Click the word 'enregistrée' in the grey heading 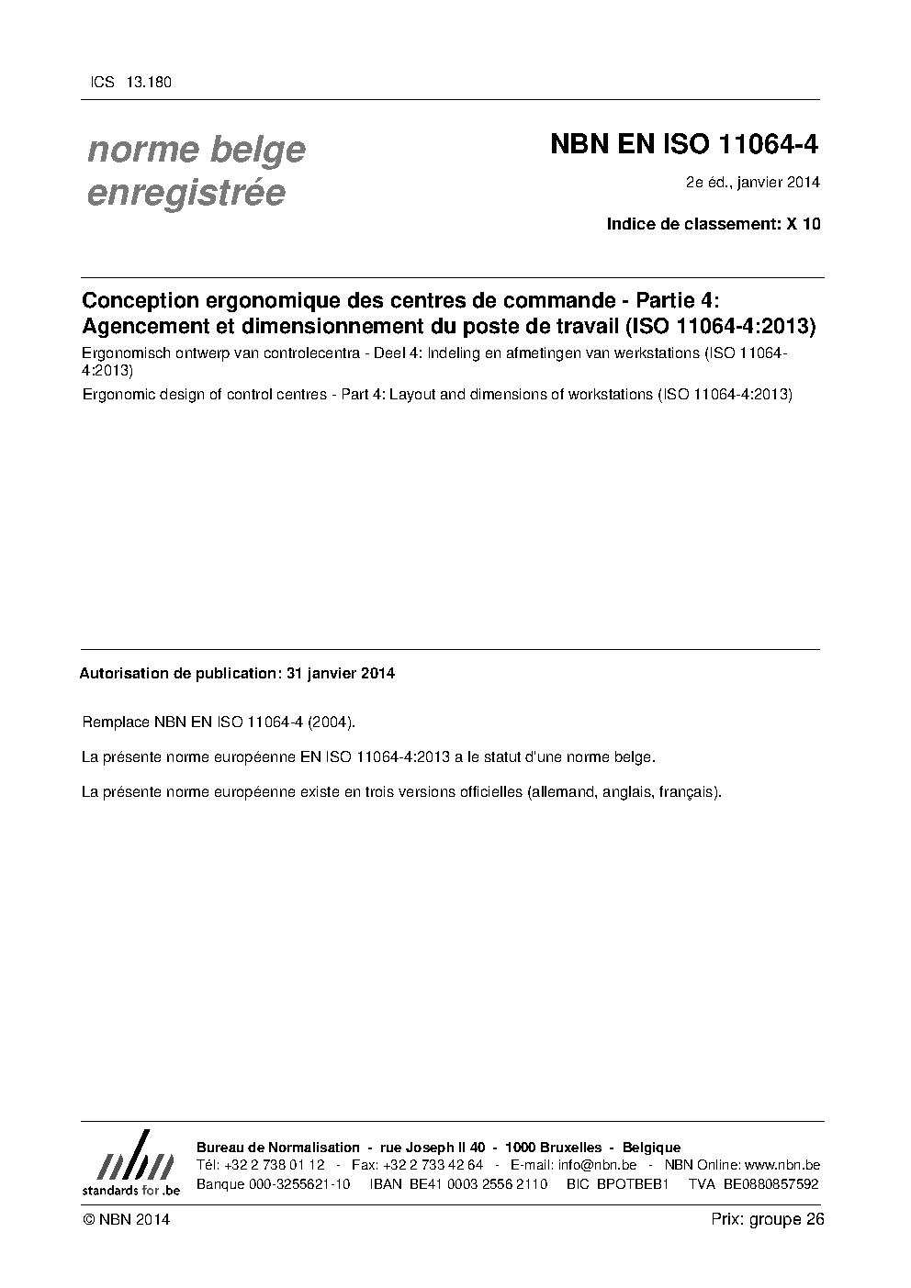(186, 194)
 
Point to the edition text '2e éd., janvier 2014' (752, 182)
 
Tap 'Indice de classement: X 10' (713, 223)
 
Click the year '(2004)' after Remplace (331, 722)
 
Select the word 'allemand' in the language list (561, 791)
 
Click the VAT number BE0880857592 (770, 1183)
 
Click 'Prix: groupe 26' (767, 1219)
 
